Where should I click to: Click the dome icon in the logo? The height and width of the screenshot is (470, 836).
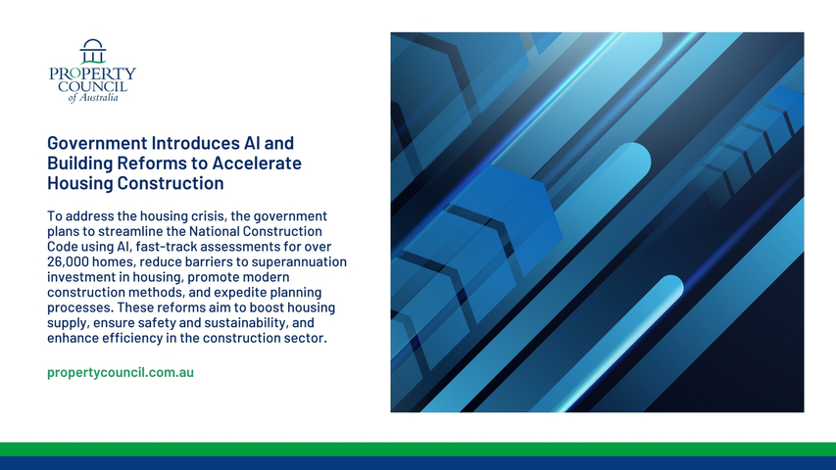93,51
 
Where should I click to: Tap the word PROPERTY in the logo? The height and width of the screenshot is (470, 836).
92,73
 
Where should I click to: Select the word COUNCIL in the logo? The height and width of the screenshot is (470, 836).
93,86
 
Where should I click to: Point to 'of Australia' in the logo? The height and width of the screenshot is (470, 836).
93,98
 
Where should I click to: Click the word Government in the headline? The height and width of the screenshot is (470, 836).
98,143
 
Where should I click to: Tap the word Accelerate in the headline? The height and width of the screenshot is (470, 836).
257,163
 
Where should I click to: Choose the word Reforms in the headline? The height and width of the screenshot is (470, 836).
161,163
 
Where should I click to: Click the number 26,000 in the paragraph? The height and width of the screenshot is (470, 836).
68,262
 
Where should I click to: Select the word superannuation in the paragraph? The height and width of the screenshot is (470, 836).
299,262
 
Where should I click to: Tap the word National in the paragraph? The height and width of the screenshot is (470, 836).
214,231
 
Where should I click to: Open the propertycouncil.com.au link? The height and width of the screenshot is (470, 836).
121,372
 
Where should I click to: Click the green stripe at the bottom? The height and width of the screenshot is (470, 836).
418,449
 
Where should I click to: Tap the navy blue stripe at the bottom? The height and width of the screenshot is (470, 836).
418,463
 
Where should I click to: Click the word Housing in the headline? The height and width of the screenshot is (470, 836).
80,183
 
